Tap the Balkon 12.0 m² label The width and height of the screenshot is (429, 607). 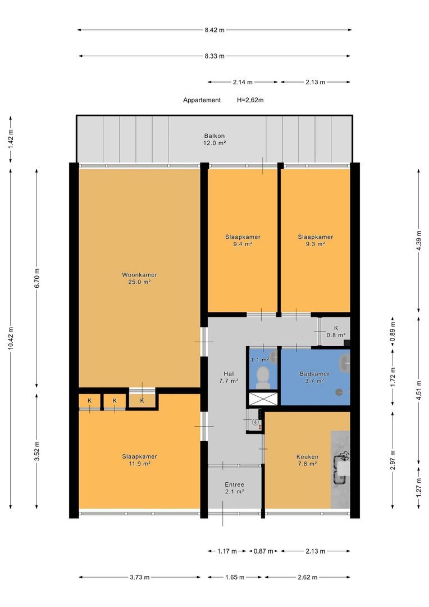coord(214,139)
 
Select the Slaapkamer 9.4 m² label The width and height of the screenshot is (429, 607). coord(243,241)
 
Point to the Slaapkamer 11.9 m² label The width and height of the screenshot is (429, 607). coord(139,460)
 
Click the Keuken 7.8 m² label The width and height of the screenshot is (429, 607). coord(307,460)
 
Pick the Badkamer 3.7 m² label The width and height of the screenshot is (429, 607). coord(314,377)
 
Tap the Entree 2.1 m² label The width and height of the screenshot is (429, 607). coord(234,488)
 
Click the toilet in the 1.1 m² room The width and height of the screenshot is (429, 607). coord(263,375)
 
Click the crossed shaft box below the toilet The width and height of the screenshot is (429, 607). coord(263,398)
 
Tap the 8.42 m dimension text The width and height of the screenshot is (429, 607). coord(214,30)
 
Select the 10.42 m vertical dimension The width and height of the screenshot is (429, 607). coord(11,338)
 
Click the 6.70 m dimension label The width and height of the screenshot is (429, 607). coord(36,278)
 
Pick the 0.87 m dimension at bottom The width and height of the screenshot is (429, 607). coord(263,551)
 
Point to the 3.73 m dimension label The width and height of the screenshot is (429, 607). coord(139,577)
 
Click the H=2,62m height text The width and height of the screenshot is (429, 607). coord(250,100)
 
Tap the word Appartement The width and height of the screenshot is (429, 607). coord(202,100)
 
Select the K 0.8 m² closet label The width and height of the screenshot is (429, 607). coord(336,332)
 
